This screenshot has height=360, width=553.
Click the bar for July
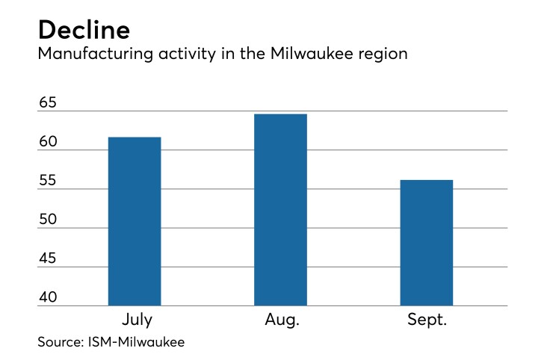[135, 222]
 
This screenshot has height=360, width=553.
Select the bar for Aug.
[280, 210]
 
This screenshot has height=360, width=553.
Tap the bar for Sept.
[426, 243]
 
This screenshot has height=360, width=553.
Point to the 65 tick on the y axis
[48, 103]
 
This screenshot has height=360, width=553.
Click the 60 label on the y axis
[48, 142]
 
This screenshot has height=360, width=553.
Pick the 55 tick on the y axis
[48, 181]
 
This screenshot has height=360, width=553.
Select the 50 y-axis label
[48, 220]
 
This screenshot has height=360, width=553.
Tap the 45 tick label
[48, 258]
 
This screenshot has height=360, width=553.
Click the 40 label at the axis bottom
[48, 297]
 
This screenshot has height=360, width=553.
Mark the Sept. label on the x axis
[427, 320]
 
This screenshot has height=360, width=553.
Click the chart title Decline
[84, 30]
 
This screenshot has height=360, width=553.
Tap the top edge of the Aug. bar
[280, 114]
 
